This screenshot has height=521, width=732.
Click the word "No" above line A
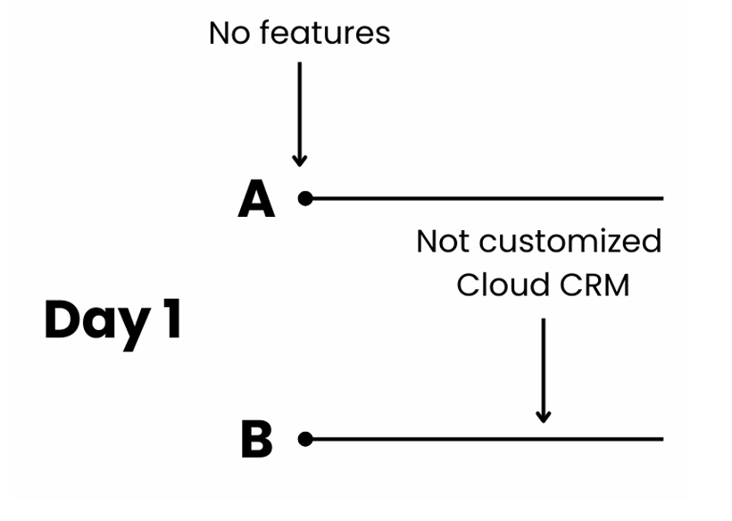tap(228, 33)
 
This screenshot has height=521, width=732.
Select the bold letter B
tap(256, 440)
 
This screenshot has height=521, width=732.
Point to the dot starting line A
tap(305, 198)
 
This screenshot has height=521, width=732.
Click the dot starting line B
tap(305, 439)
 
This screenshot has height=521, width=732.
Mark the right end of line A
tap(661, 198)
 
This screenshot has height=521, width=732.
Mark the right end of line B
tap(661, 439)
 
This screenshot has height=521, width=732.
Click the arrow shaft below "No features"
tap(300, 107)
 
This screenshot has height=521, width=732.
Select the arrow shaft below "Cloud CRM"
tap(543, 361)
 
